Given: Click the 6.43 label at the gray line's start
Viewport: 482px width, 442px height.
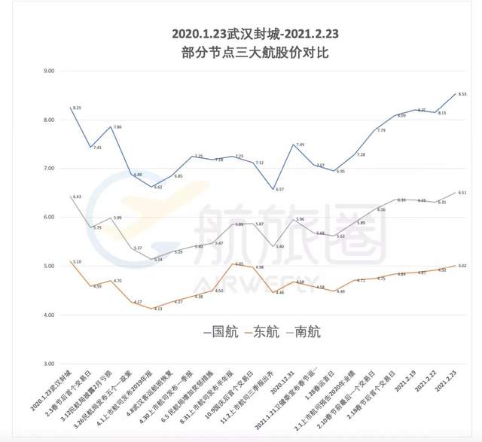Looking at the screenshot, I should [x=76, y=197].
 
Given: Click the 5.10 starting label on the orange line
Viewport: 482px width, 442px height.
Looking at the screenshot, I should [x=77, y=262].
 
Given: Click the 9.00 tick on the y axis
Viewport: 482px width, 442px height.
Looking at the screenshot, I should [x=51, y=72].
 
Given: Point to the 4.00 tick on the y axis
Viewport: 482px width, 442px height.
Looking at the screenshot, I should [x=51, y=315].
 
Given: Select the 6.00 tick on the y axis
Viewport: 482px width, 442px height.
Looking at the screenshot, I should [x=51, y=218].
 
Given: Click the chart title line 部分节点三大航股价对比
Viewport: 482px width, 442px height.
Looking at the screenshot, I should [x=241, y=53].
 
